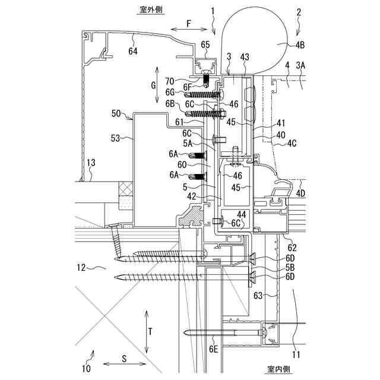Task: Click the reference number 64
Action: (132, 52)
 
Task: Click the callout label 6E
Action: (214, 350)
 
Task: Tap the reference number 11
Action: (296, 356)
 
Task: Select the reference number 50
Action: (116, 112)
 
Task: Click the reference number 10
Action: (87, 368)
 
